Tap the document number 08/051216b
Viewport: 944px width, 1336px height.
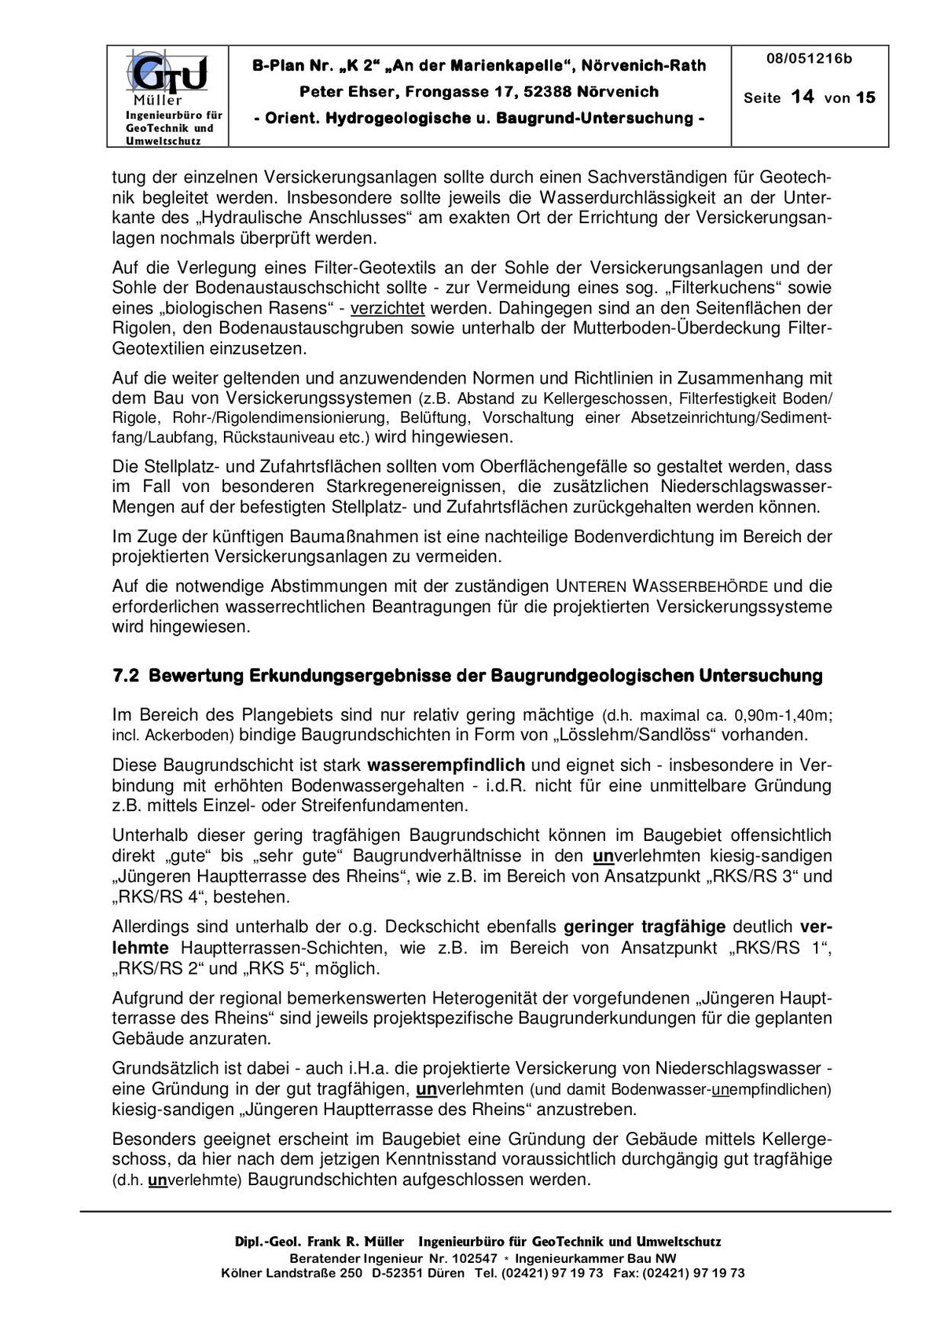point(809,59)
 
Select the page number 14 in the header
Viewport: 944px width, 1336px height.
point(803,97)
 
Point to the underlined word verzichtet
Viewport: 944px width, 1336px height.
point(388,308)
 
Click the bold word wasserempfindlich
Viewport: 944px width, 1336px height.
point(446,765)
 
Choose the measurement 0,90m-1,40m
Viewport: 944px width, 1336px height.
point(783,716)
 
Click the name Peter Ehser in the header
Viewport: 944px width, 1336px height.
point(344,92)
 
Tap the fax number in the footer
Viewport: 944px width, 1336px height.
point(692,1273)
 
